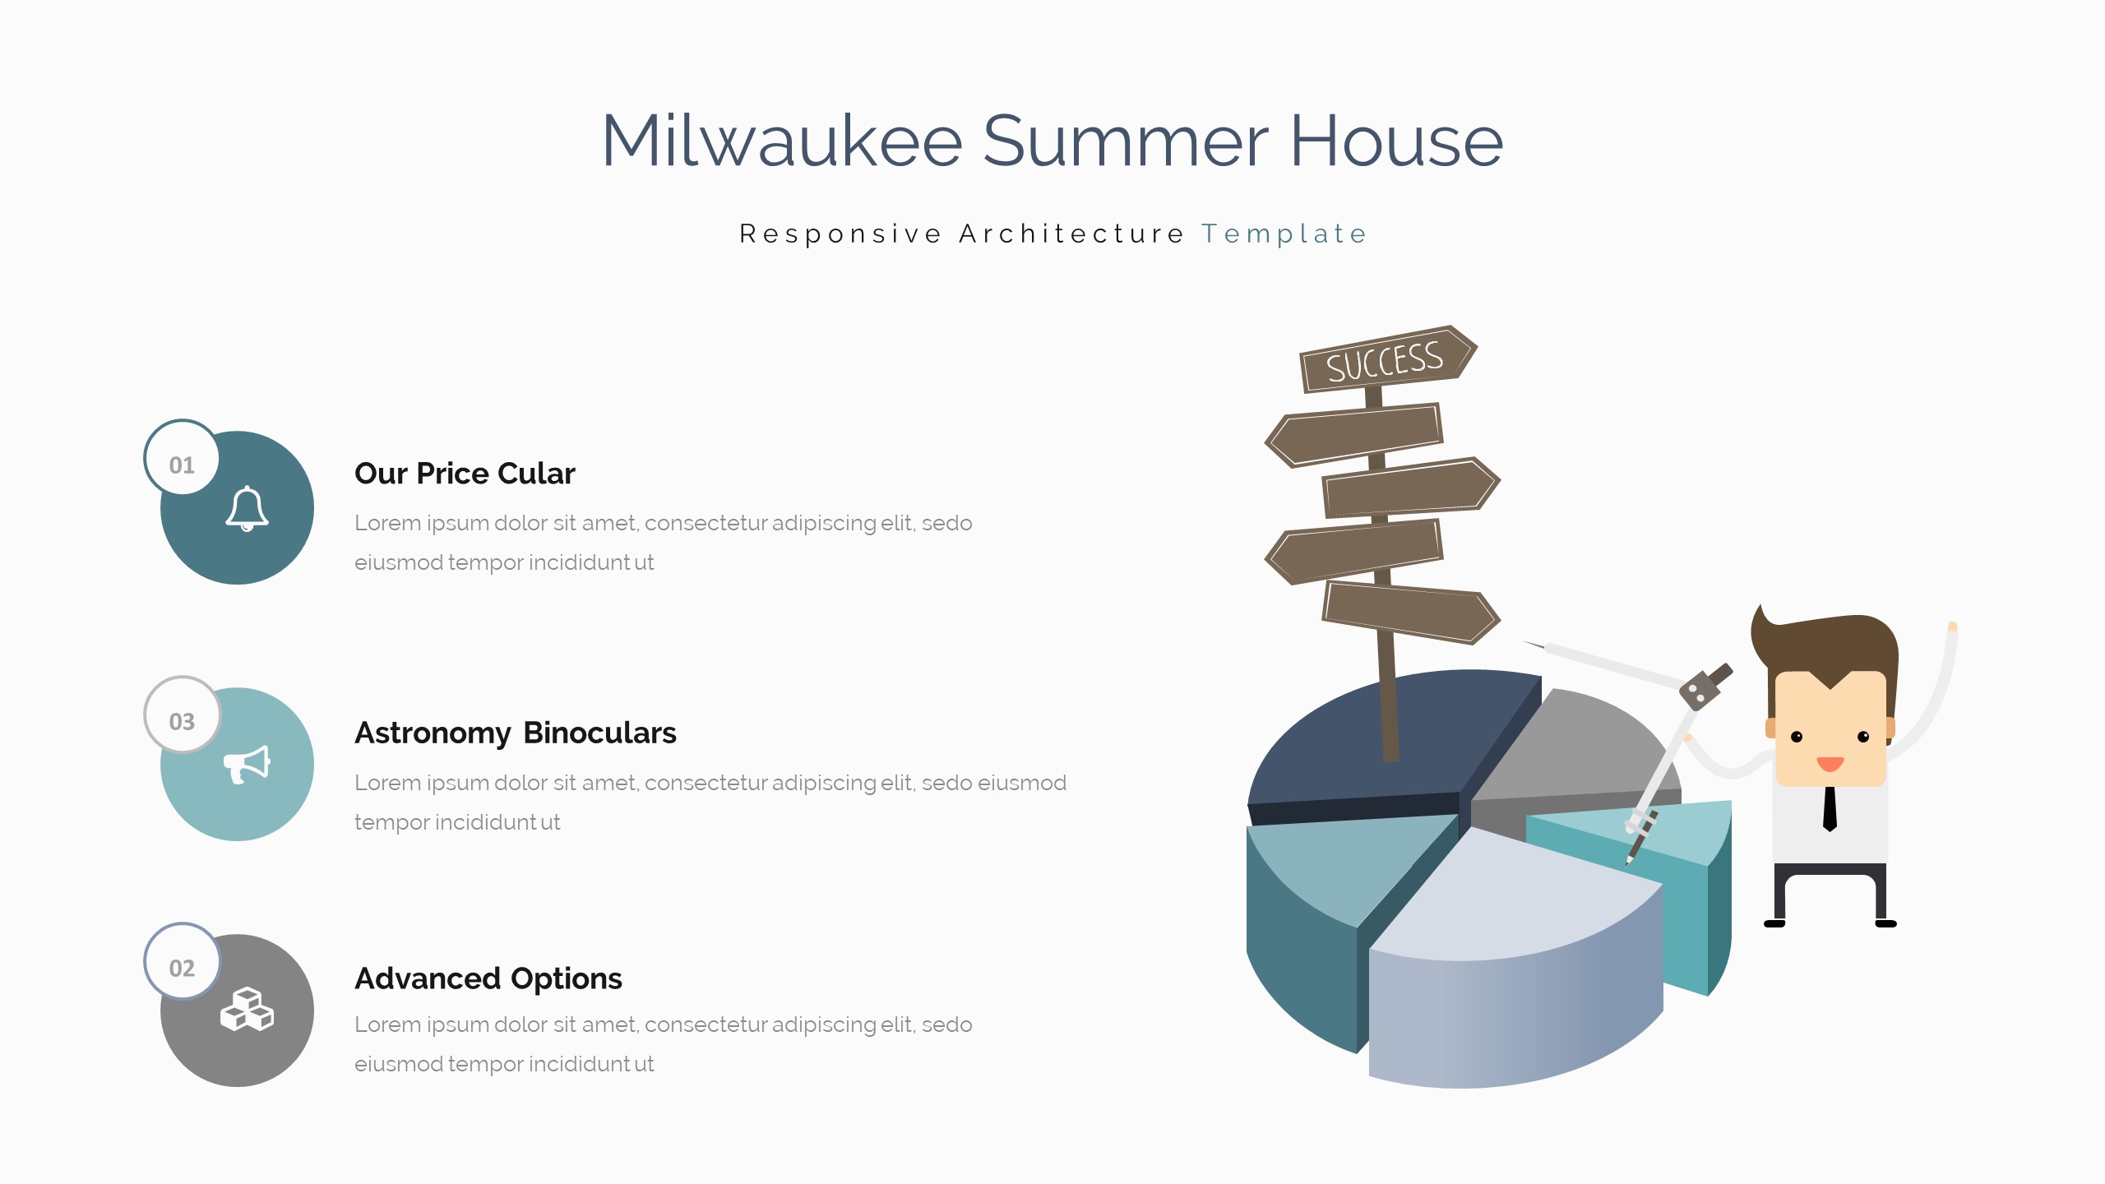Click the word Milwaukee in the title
coord(782,141)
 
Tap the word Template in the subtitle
coord(1284,234)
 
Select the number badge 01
coord(182,458)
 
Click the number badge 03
coord(182,715)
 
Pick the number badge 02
coord(182,961)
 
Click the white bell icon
coord(247,508)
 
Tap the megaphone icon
coord(247,765)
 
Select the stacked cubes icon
coord(247,1009)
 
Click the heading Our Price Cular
coord(465,474)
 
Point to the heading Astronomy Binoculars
coord(516,733)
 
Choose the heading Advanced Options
coord(488,978)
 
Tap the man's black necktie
coord(1830,809)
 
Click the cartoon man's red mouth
coord(1830,764)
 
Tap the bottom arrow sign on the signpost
coord(1411,613)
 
